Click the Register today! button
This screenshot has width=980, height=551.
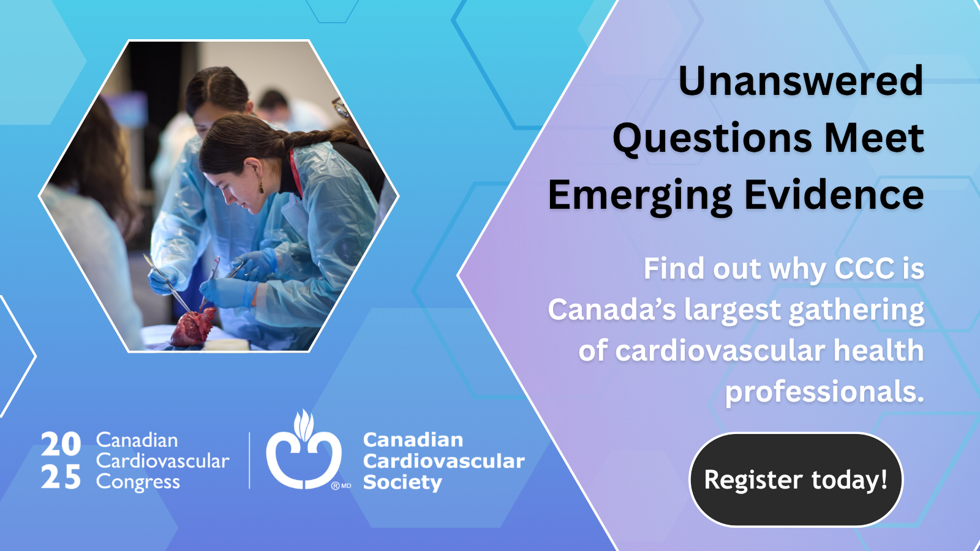point(796,480)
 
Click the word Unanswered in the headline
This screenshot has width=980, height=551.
point(801,81)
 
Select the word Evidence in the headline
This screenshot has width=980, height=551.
point(834,195)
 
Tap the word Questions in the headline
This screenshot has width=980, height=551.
point(713,138)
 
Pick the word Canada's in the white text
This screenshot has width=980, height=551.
point(612,310)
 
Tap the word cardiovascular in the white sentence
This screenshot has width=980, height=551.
point(720,351)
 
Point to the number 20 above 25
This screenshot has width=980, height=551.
point(61,444)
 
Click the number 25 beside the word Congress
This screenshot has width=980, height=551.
point(61,476)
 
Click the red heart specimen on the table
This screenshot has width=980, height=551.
point(193,327)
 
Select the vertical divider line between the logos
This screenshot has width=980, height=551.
point(249,460)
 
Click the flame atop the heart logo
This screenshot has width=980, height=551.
point(304,425)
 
